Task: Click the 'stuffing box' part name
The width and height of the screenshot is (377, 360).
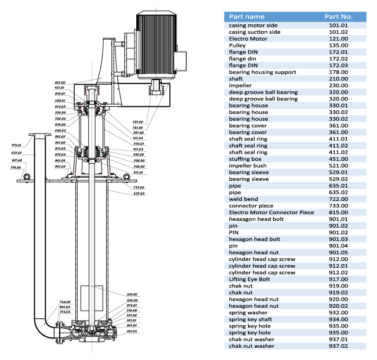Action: (245, 158)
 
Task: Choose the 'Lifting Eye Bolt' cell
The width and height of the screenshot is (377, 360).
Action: (250, 279)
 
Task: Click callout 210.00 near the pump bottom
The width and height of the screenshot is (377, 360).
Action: (132, 294)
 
